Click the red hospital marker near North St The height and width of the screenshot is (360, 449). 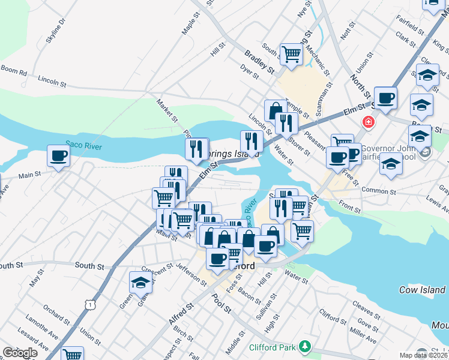[x=368, y=122]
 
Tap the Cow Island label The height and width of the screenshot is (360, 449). [x=423, y=290]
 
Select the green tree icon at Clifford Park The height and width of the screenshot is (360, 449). [x=306, y=346]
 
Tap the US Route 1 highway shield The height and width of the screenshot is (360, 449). [x=89, y=305]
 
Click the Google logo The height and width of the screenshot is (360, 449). [x=20, y=353]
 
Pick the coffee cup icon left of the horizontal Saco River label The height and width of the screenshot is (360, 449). [x=58, y=155]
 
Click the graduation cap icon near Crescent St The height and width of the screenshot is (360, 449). [x=140, y=282]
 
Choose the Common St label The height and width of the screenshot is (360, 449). [x=394, y=190]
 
